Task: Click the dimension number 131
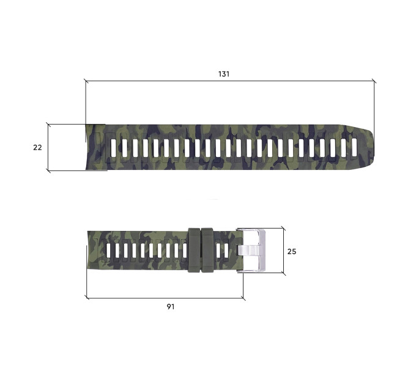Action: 224,74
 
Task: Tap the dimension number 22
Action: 37,147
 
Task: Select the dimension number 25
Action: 292,251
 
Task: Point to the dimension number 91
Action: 171,307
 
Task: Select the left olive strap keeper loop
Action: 194,251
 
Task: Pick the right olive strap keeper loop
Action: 207,251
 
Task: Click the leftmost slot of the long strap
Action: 114,147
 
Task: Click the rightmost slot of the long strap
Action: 354,147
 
